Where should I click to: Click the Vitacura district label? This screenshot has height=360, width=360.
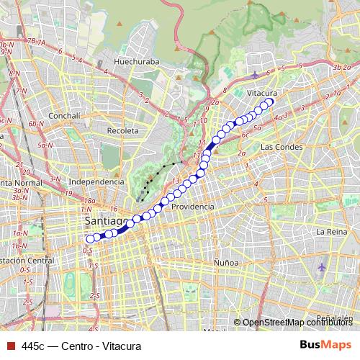coord(262,94)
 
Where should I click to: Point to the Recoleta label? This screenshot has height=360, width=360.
coord(122,131)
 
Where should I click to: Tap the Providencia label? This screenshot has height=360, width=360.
coord(192,206)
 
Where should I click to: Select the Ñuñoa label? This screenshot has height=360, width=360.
coord(225,263)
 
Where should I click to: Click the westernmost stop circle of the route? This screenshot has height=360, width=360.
coord(90,239)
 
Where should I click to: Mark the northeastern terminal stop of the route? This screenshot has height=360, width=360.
coord(271,102)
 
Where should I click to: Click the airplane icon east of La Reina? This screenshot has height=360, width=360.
coord(322,266)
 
